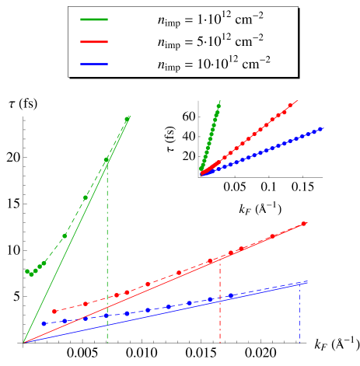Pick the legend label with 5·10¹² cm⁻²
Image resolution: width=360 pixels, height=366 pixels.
tap(214, 41)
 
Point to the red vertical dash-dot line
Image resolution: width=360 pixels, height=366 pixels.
tap(221, 303)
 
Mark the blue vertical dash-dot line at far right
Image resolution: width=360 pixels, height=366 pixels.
tap(300, 311)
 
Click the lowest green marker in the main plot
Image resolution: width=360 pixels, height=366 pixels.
tap(32, 274)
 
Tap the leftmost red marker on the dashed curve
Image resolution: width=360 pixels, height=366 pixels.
tap(54, 312)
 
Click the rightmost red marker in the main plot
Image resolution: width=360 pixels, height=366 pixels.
tap(304, 224)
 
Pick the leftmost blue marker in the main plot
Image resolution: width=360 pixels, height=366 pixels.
tap(44, 323)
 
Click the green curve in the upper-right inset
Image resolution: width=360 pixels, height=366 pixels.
tap(210, 136)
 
